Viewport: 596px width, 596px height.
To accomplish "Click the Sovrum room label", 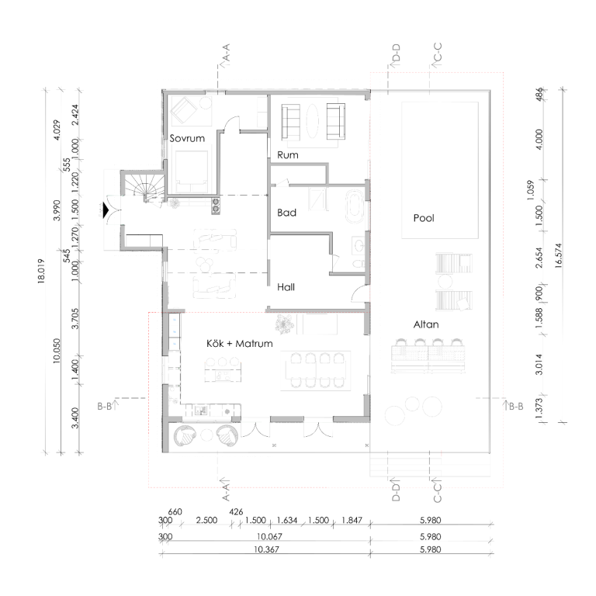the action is [187, 138].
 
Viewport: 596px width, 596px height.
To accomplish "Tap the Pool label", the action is [424, 218].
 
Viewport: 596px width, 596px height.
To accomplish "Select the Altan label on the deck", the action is [426, 324].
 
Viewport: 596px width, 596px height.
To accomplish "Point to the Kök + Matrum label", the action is [240, 343].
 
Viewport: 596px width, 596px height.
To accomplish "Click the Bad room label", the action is [286, 213].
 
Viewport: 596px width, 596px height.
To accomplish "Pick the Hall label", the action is [286, 287].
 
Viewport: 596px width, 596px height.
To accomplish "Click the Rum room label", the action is [288, 154].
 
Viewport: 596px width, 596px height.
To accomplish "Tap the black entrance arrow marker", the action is [106, 210].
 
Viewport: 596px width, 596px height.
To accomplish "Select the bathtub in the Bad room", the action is [354, 206].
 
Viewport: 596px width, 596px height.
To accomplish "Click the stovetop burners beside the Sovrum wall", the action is [216, 205].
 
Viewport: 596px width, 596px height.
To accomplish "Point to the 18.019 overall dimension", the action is [41, 270].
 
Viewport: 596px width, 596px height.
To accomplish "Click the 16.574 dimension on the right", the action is [558, 255].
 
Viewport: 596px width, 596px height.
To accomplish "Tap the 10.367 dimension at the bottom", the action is [266, 549].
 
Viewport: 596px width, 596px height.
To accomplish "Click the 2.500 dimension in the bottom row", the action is [206, 520].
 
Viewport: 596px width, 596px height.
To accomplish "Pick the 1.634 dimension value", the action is [286, 520].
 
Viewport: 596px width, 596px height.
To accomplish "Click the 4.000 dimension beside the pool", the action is [539, 140].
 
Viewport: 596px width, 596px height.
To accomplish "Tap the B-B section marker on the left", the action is [108, 406].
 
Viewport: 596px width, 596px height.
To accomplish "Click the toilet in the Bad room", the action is [357, 264].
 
